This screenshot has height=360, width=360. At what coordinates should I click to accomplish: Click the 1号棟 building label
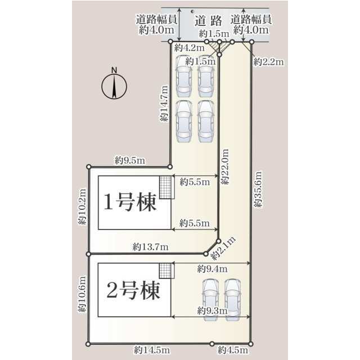[x=130, y=202]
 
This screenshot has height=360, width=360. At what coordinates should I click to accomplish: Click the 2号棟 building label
[x=133, y=290]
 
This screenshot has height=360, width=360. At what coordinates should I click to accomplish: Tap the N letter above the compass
[x=114, y=70]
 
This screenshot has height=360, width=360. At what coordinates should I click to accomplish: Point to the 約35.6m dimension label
[x=258, y=189]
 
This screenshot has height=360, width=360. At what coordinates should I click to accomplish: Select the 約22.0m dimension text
[x=225, y=166]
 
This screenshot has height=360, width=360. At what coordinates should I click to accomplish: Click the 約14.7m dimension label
[x=164, y=103]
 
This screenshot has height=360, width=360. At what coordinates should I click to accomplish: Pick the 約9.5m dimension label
[x=130, y=160]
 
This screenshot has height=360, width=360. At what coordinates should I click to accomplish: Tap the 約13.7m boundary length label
[x=150, y=247]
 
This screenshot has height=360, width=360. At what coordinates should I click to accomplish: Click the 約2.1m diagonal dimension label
[x=223, y=249]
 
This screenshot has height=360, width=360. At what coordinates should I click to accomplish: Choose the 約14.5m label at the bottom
[x=152, y=350]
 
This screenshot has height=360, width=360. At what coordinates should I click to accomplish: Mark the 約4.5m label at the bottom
[x=233, y=350]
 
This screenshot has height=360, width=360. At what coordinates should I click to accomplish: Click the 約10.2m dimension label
[x=82, y=206]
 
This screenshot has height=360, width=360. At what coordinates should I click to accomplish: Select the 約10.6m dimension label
[x=82, y=294]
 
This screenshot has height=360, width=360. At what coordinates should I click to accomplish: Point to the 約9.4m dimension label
[x=212, y=269]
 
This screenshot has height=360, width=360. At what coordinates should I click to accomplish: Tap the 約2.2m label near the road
[x=268, y=62]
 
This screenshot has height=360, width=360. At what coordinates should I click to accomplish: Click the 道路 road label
[x=209, y=21]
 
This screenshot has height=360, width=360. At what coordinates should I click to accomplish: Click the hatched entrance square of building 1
[x=165, y=187]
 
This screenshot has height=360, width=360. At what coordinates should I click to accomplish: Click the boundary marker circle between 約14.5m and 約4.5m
[x=212, y=344]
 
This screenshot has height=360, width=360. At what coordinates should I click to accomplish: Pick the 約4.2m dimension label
[x=190, y=48]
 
